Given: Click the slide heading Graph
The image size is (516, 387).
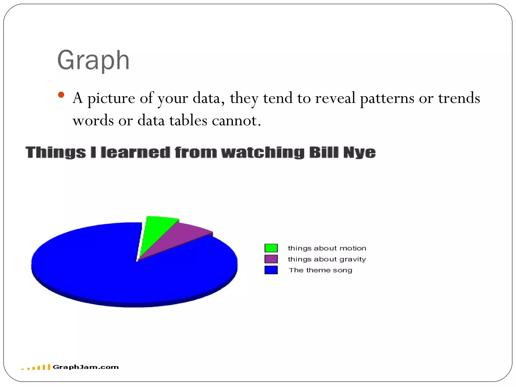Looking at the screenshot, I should point(93,60).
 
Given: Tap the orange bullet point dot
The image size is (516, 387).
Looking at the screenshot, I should point(61,95).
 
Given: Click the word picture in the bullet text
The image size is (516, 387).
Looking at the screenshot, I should point(111,98).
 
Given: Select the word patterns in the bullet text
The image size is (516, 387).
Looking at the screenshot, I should point(387,98).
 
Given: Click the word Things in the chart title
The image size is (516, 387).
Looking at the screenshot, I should point(55,152).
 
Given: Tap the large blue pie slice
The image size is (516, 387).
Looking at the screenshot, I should point(113,272).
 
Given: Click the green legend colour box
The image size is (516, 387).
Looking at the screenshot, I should point(271,248).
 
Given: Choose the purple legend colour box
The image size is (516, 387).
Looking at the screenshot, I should point(271,259).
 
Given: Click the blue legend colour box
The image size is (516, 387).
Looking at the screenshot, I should point(271,270).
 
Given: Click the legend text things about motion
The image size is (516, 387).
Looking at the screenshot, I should point(327,248).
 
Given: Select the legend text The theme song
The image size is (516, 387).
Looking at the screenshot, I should point(320,270).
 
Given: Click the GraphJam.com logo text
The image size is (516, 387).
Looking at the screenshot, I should point(86,367).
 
